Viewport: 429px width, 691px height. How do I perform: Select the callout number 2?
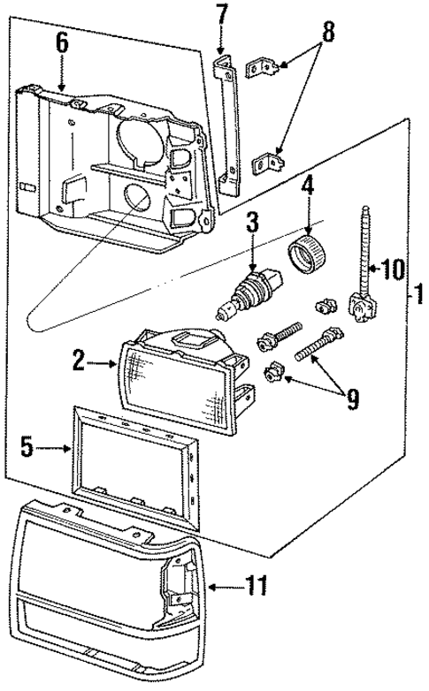[79, 360]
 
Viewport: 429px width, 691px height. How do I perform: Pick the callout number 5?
[27, 448]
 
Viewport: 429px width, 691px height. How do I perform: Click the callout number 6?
[61, 42]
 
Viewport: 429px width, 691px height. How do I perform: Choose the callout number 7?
[221, 14]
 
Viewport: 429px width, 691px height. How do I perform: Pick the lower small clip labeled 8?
[270, 163]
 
